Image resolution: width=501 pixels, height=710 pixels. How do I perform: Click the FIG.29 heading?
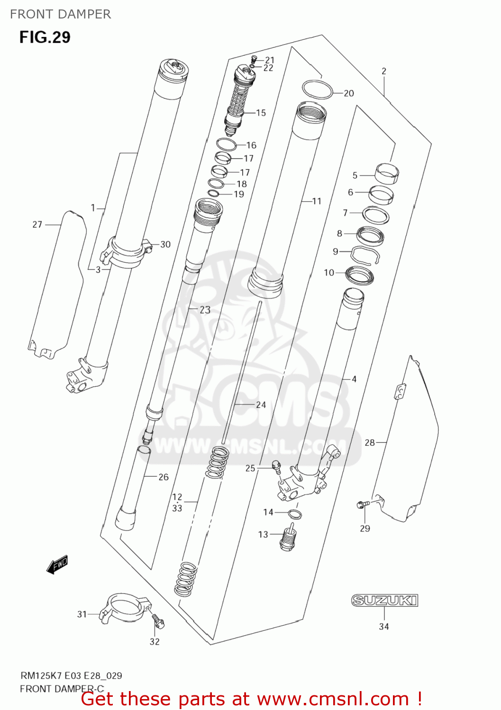[45, 37]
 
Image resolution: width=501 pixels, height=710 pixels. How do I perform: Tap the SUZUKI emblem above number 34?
[384, 601]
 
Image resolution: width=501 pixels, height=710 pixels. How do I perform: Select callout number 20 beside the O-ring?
[349, 93]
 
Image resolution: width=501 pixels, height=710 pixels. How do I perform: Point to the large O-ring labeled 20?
[317, 90]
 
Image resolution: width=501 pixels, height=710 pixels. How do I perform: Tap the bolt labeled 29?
[362, 505]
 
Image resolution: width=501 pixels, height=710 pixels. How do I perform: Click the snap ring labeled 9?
[364, 255]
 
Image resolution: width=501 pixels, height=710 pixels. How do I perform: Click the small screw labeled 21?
[253, 60]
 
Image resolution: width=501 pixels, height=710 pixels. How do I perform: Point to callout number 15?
[261, 113]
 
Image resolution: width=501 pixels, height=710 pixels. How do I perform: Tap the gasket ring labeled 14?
[295, 514]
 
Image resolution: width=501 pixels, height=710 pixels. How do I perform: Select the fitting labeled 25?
[277, 467]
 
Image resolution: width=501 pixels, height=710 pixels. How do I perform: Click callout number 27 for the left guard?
[37, 224]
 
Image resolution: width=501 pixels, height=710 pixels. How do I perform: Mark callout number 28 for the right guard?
[370, 443]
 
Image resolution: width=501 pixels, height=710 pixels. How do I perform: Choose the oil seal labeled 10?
[359, 275]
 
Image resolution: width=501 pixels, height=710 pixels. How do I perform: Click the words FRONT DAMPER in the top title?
[60, 14]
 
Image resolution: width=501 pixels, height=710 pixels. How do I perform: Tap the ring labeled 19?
[214, 193]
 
